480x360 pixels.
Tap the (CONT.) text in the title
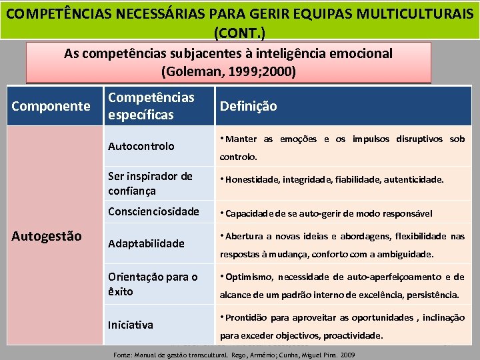[239, 31]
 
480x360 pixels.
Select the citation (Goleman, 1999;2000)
[229, 70]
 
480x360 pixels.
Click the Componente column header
[51, 105]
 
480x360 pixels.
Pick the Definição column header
[248, 106]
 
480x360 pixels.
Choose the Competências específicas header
[151, 106]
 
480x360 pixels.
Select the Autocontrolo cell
[141, 146]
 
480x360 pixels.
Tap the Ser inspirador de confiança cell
[150, 183]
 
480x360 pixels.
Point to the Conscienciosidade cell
[153, 211]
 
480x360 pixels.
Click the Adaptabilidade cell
[146, 243]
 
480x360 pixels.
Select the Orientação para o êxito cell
[153, 284]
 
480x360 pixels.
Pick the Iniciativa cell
[131, 325]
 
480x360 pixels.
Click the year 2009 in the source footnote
[347, 355]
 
